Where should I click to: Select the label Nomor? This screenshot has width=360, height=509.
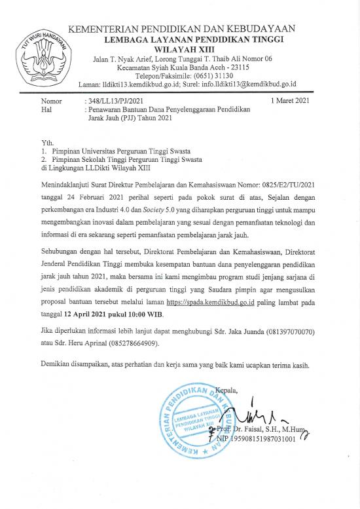(x=51, y=102)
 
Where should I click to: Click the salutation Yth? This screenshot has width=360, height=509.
(x=46, y=141)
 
